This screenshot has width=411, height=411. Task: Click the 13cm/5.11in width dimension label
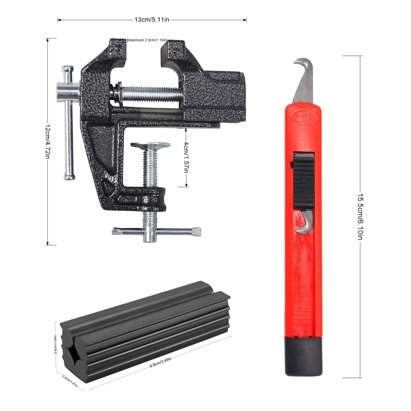click(x=152, y=20)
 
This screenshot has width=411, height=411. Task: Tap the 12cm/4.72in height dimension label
click(x=48, y=142)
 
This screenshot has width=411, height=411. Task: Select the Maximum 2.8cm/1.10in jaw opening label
click(x=147, y=40)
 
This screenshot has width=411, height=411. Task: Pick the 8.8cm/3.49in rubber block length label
click(x=161, y=362)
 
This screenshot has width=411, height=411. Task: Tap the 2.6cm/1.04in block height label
click(x=55, y=345)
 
